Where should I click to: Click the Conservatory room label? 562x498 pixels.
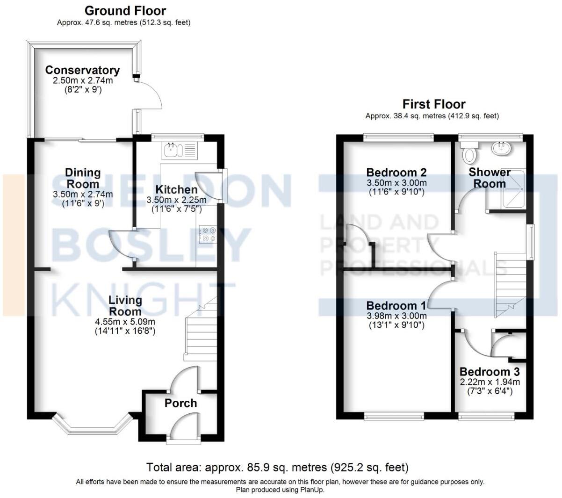point(82,70)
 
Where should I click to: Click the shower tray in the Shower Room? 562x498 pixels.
point(513,188)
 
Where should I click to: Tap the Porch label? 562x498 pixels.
point(180,403)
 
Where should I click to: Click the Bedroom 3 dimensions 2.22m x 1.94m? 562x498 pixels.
point(490,382)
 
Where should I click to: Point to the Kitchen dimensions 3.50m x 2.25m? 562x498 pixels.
point(176,200)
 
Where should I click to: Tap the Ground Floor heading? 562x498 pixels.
point(125,10)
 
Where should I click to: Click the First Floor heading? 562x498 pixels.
point(434,104)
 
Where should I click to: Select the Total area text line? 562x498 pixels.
point(277,467)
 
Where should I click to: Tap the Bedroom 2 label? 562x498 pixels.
point(396,172)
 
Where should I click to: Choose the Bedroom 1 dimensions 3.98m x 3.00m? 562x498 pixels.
point(396,316)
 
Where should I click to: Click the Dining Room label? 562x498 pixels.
point(83,178)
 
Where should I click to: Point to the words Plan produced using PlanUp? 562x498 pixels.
point(280,490)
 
